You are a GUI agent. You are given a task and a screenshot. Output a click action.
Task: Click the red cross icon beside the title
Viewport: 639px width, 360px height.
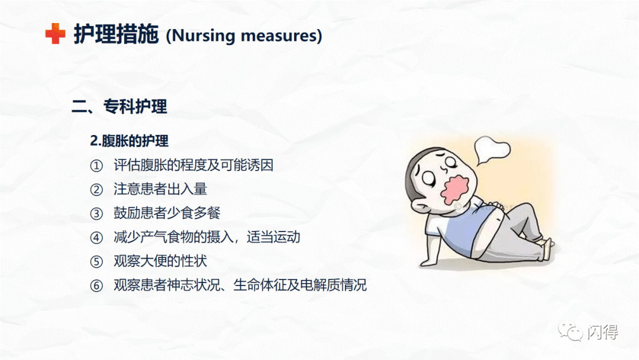coord(56,33)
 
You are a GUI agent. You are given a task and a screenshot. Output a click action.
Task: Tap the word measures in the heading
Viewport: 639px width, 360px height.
coord(278,36)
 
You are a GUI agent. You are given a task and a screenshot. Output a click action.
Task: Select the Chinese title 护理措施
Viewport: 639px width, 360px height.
coord(116,34)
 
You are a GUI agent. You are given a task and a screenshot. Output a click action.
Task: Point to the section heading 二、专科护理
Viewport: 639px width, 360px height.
coord(120,107)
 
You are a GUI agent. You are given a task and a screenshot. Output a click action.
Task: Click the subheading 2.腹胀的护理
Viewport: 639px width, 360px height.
coord(129,141)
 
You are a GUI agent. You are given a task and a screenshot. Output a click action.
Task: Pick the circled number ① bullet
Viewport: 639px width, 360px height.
coord(96,166)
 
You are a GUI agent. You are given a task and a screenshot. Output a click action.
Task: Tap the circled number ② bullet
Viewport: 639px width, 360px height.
coord(96,189)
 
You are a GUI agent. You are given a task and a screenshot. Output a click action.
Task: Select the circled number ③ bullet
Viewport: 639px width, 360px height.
coord(96,214)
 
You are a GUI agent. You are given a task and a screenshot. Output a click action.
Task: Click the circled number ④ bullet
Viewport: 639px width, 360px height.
coord(96,237)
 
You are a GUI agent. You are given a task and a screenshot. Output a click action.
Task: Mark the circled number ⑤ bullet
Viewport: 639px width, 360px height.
coord(96,261)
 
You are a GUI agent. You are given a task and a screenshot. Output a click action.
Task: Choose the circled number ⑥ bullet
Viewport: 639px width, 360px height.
coord(96,285)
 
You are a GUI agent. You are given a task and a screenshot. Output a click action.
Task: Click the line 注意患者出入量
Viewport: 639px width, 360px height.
coord(160,189)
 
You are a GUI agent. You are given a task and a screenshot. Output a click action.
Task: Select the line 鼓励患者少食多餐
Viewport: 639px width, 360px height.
coord(167,213)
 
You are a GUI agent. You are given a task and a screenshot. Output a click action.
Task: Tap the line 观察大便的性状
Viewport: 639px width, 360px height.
coord(160,261)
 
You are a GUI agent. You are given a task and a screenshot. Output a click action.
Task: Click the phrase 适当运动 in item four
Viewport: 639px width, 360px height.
coord(273,237)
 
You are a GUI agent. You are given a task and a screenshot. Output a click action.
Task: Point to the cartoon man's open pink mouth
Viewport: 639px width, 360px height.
coord(456,189)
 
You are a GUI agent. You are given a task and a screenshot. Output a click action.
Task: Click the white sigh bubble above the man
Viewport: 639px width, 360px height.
coord(492,150)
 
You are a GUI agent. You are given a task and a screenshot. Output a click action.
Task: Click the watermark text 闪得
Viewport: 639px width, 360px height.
coord(603,332)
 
